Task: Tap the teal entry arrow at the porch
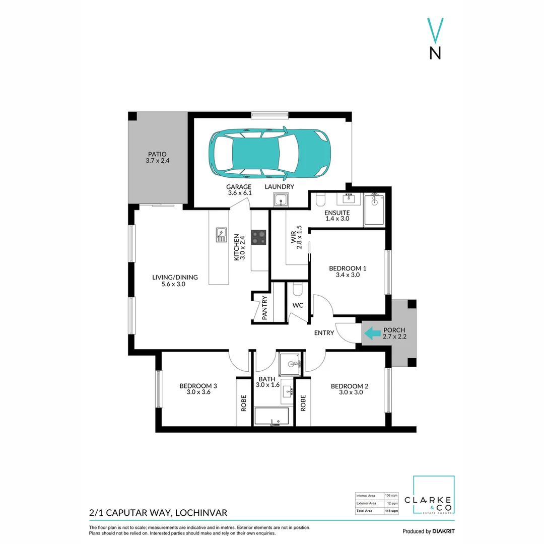[x=372, y=333]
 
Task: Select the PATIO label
[x=157, y=154]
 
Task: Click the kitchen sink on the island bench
[x=221, y=235]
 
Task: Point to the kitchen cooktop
[x=259, y=237]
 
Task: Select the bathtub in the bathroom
[x=271, y=417]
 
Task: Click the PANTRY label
[x=265, y=308]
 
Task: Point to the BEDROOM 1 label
[x=348, y=268]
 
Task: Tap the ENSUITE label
[x=337, y=213]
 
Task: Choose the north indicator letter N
[x=435, y=53]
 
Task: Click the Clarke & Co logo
[x=434, y=496]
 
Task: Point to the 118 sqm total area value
[x=391, y=511]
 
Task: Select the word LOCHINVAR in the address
[x=200, y=513]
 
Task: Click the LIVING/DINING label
[x=175, y=277]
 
